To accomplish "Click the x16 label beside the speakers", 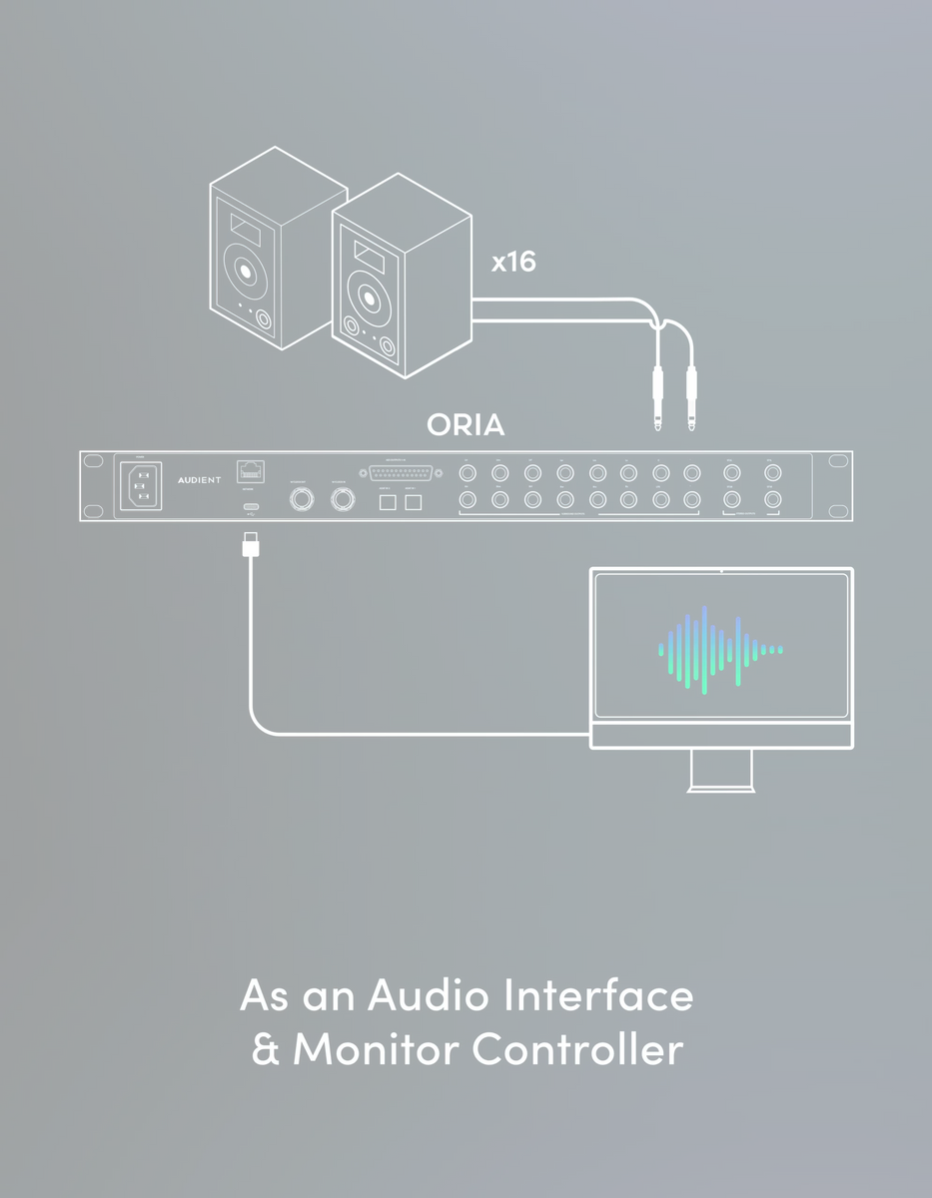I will pos(513,263).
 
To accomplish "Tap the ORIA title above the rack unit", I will pos(466,424).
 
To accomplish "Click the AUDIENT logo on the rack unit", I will pos(199,480).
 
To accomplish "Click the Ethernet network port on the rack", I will pos(250,470).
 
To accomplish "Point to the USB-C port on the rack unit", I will pos(251,508).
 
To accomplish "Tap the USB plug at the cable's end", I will pos(251,545).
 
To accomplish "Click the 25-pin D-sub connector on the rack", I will pos(398,472).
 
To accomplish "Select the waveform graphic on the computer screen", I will pos(720,649).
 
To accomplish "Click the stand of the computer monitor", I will pos(720,771).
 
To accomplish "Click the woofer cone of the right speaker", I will pos(367,297).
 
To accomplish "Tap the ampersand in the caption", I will pos(266,1050).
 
